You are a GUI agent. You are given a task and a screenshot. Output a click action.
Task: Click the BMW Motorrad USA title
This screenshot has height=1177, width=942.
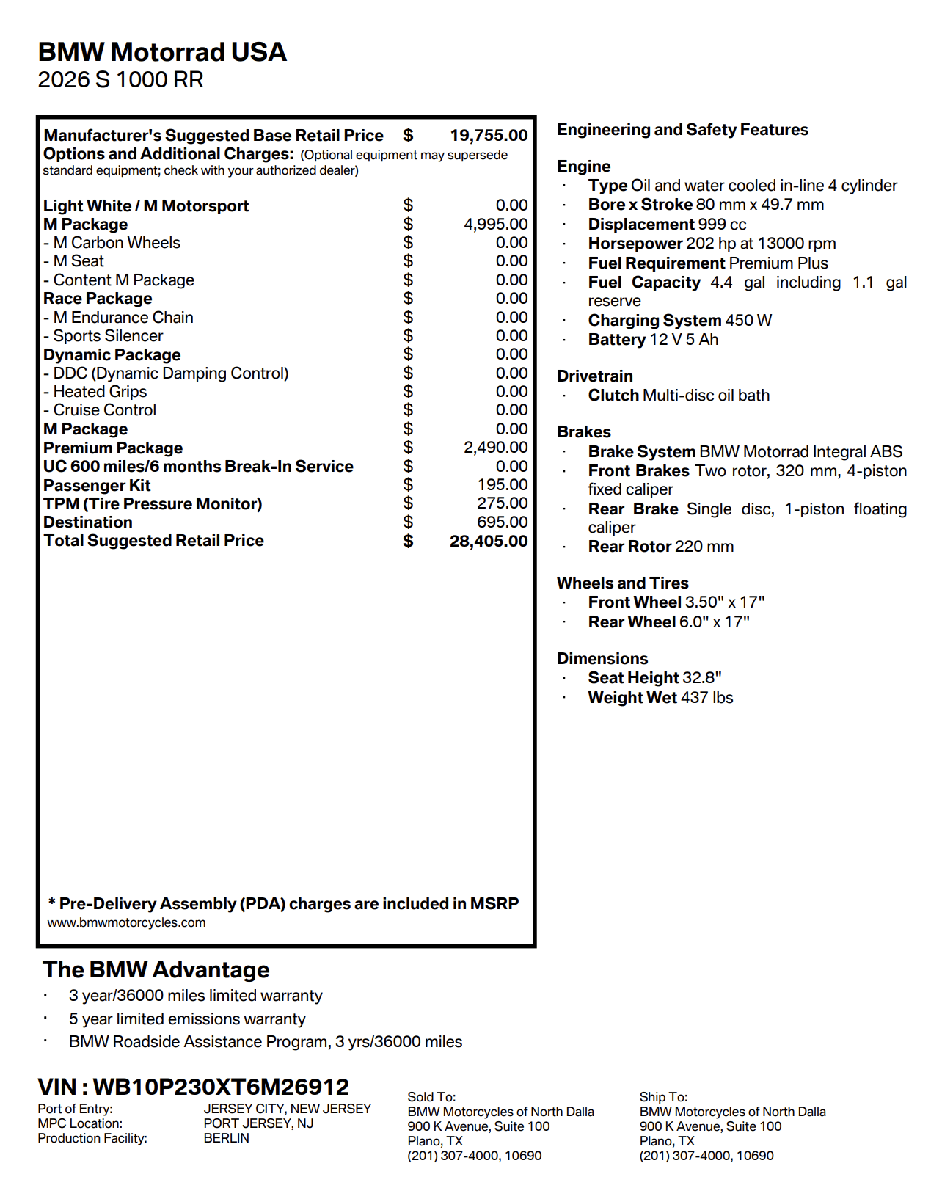[x=162, y=52]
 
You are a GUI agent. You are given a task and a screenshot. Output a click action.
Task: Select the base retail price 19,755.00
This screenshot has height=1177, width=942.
[x=489, y=136]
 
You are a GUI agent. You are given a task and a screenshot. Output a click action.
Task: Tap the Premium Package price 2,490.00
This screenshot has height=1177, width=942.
[x=495, y=448]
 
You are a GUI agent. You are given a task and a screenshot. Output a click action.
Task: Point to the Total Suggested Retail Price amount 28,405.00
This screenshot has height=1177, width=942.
[x=489, y=542]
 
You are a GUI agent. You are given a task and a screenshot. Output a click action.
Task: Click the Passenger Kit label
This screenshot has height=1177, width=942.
[x=97, y=486]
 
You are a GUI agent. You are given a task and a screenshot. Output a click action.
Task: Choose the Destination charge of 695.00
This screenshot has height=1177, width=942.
[x=503, y=522]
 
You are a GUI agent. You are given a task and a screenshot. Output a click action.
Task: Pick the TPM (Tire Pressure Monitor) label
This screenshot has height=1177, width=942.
[x=153, y=504]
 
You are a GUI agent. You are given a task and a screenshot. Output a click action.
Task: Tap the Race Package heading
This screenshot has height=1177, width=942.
[x=98, y=299]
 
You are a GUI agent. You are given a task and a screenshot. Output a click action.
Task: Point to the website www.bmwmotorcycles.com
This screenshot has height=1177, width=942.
[x=126, y=923]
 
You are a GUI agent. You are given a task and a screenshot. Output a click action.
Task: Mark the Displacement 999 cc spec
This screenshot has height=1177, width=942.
[x=667, y=225]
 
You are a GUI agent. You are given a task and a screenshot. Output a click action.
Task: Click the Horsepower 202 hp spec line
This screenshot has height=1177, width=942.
[x=712, y=244]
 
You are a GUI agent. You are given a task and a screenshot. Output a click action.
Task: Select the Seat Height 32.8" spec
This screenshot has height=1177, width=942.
[x=654, y=678]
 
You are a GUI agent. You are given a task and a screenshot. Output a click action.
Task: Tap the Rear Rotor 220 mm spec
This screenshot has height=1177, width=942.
[x=660, y=547]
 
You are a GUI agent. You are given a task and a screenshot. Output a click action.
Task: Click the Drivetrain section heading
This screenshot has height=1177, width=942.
[x=594, y=376]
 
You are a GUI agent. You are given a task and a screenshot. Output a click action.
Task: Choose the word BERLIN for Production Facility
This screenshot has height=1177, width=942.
[x=227, y=1138]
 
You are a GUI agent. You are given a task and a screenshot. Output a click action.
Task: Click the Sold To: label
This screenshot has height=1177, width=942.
[x=431, y=1097]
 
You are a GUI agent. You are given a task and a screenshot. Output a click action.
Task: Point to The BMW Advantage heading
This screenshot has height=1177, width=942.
[x=156, y=970]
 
